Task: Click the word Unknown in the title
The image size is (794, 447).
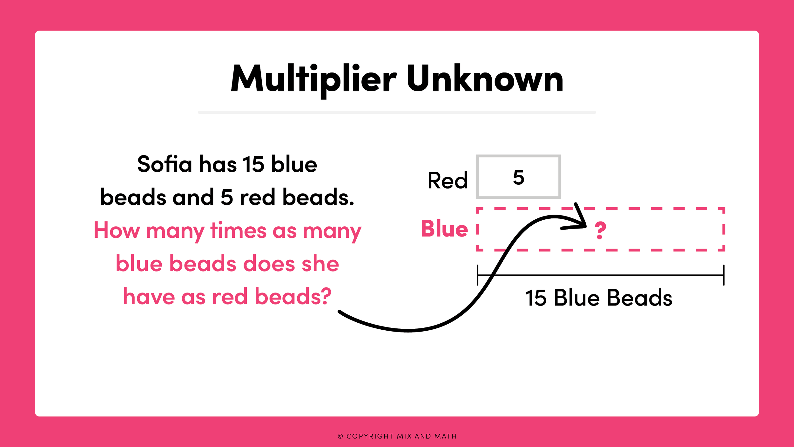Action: pos(485,79)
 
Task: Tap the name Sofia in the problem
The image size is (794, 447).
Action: pos(165,164)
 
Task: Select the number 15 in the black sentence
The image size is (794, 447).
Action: pos(253,164)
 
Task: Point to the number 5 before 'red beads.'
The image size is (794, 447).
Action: pos(226,197)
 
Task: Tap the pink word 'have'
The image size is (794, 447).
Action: pos(149,296)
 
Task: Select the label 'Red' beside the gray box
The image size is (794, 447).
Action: pos(447,180)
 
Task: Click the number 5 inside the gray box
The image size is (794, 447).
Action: pos(518,177)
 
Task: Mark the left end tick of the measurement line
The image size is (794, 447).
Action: pos(478,275)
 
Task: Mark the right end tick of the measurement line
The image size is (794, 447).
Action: pos(724,275)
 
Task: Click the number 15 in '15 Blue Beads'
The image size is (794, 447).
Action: pos(536,298)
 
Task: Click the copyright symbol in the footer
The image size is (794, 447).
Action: pos(340,437)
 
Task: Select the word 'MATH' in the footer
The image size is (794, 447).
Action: pos(446,437)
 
